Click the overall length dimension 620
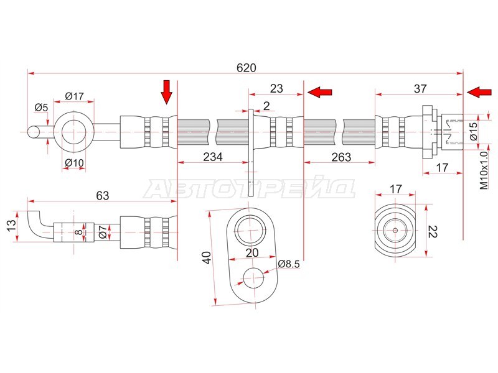point(246,68)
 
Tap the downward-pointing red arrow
point(166,92)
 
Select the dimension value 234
point(213,157)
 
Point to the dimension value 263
point(341,157)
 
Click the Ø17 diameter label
point(74,96)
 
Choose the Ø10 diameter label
point(74,163)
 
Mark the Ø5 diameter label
point(41,108)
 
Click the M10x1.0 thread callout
point(484,170)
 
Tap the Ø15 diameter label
point(474,131)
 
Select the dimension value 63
point(103,195)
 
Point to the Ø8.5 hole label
point(289,264)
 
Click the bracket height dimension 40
point(207,257)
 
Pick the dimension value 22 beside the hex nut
point(433,231)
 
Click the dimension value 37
point(420,88)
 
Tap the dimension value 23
point(276,88)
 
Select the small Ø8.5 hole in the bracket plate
point(253,278)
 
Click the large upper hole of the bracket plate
point(251,230)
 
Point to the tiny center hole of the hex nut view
point(395,230)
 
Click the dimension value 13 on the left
point(11,226)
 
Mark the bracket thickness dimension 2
point(266,105)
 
